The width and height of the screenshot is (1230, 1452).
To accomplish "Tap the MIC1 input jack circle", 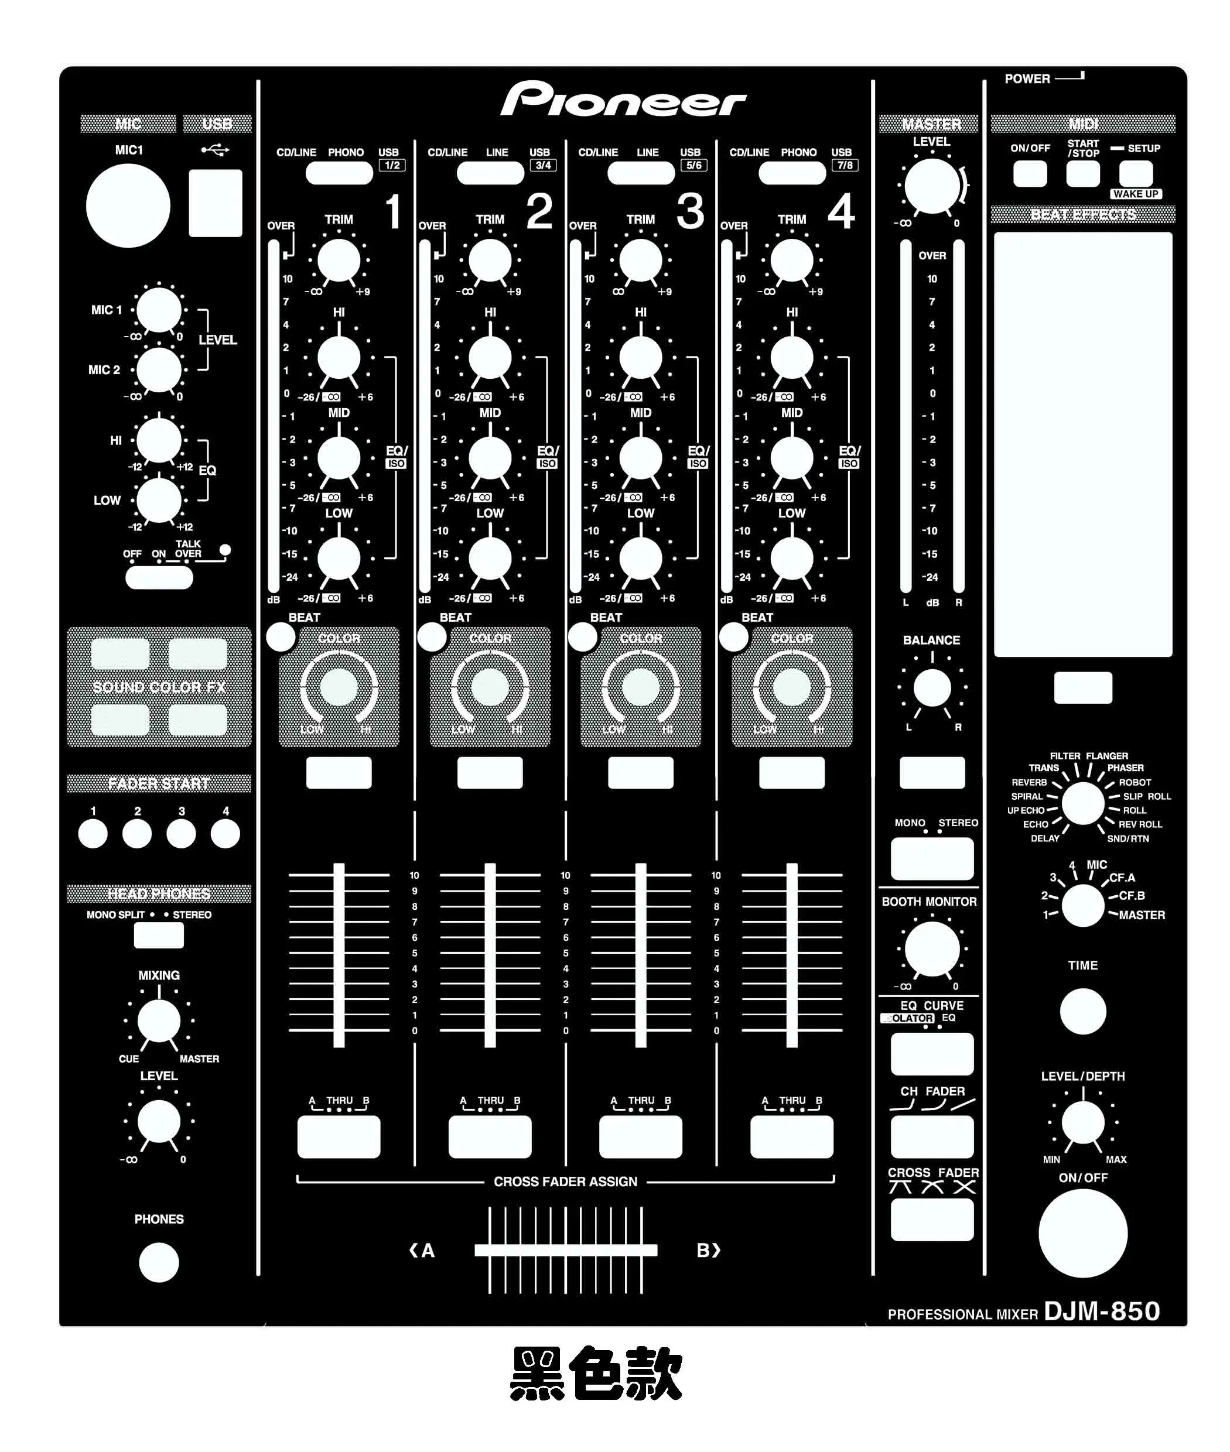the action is point(128,206).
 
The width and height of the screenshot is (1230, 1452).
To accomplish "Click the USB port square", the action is point(216,203).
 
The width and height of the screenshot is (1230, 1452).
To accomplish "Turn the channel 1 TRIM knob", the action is point(339,261).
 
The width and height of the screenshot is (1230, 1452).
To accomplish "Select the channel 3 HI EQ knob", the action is point(641,358).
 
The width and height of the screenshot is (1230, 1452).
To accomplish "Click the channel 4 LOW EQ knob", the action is point(791,559).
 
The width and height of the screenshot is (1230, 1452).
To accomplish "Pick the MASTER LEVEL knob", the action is point(931,186).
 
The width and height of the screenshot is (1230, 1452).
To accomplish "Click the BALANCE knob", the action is point(931,688).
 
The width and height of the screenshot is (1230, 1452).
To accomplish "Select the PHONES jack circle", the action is point(159,1262).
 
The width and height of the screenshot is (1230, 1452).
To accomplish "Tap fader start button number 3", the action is point(182,834).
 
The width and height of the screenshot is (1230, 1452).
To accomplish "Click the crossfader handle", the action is point(565,1250).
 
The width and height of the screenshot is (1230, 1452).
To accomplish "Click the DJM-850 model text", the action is point(1102,1310).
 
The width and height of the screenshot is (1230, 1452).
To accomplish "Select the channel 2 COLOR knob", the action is point(490,687).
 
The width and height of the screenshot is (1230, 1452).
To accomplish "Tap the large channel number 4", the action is point(841,211).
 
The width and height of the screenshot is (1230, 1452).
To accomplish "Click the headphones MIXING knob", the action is point(159,1021).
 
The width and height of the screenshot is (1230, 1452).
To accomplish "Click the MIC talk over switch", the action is point(159,577).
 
